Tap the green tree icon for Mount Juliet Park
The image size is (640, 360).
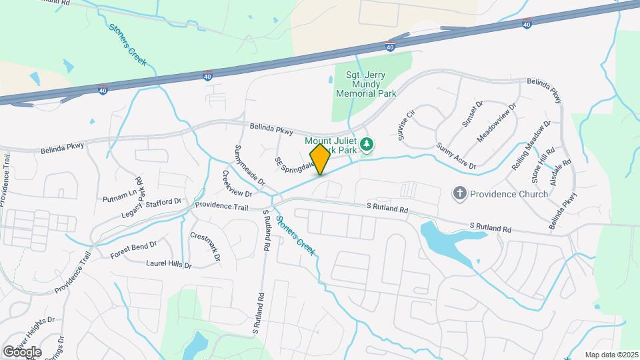click(x=365, y=144)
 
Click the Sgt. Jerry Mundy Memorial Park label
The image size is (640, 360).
click(x=371, y=85)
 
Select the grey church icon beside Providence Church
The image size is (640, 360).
click(x=459, y=194)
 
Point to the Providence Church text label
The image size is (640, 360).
click(x=509, y=194)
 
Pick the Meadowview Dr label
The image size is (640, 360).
click(x=497, y=123)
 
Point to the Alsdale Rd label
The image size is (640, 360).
click(x=568, y=171)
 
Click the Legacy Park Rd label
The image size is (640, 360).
click(x=132, y=197)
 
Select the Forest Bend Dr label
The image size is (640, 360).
click(x=133, y=249)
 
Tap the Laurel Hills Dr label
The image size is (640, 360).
click(x=169, y=264)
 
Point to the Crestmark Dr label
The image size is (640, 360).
click(x=205, y=246)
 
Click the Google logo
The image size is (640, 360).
click(x=22, y=352)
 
